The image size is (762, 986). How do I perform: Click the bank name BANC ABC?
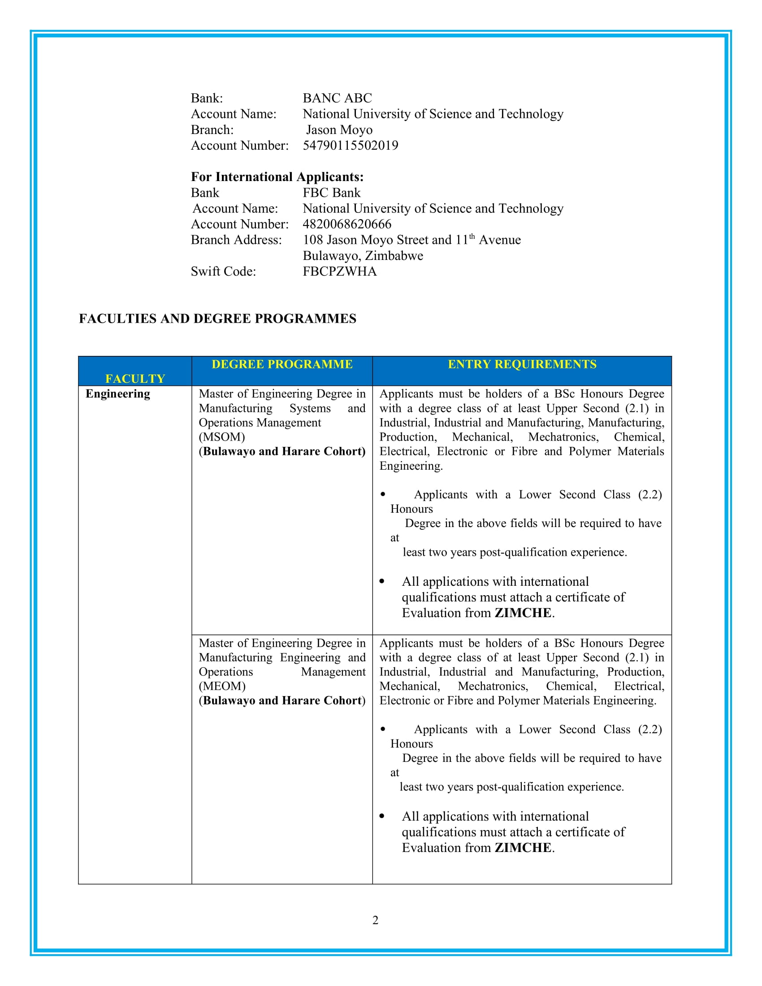pos(337,98)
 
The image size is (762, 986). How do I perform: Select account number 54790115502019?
pos(351,145)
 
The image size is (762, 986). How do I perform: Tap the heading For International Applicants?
pos(277,177)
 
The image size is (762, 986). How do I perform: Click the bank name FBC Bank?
pos(331,193)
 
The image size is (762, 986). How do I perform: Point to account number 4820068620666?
pos(346,224)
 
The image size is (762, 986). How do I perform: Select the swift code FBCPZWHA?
pos(339,271)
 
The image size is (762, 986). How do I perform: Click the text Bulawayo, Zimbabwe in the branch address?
pos(363,255)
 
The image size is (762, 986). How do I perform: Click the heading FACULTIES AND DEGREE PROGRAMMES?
pos(217,318)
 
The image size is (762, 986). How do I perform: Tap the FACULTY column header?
pos(135,378)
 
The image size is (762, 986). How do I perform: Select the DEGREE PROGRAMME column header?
pos(281,364)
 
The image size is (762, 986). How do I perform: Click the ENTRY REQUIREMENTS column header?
pos(522,364)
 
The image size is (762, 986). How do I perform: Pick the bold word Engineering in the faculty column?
pos(118,394)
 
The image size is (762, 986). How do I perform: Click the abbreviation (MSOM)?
pos(221,437)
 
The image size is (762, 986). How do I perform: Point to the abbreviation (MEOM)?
pos(222,686)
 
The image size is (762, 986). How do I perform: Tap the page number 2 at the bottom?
pos(375,920)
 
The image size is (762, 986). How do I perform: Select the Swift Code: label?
pos(223,271)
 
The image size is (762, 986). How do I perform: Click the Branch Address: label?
pos(236,240)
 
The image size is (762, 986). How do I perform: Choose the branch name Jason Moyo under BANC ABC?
pos(339,130)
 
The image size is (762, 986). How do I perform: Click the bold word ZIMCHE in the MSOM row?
pos(523,613)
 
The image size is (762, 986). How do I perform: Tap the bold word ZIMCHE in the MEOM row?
pos(523,848)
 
